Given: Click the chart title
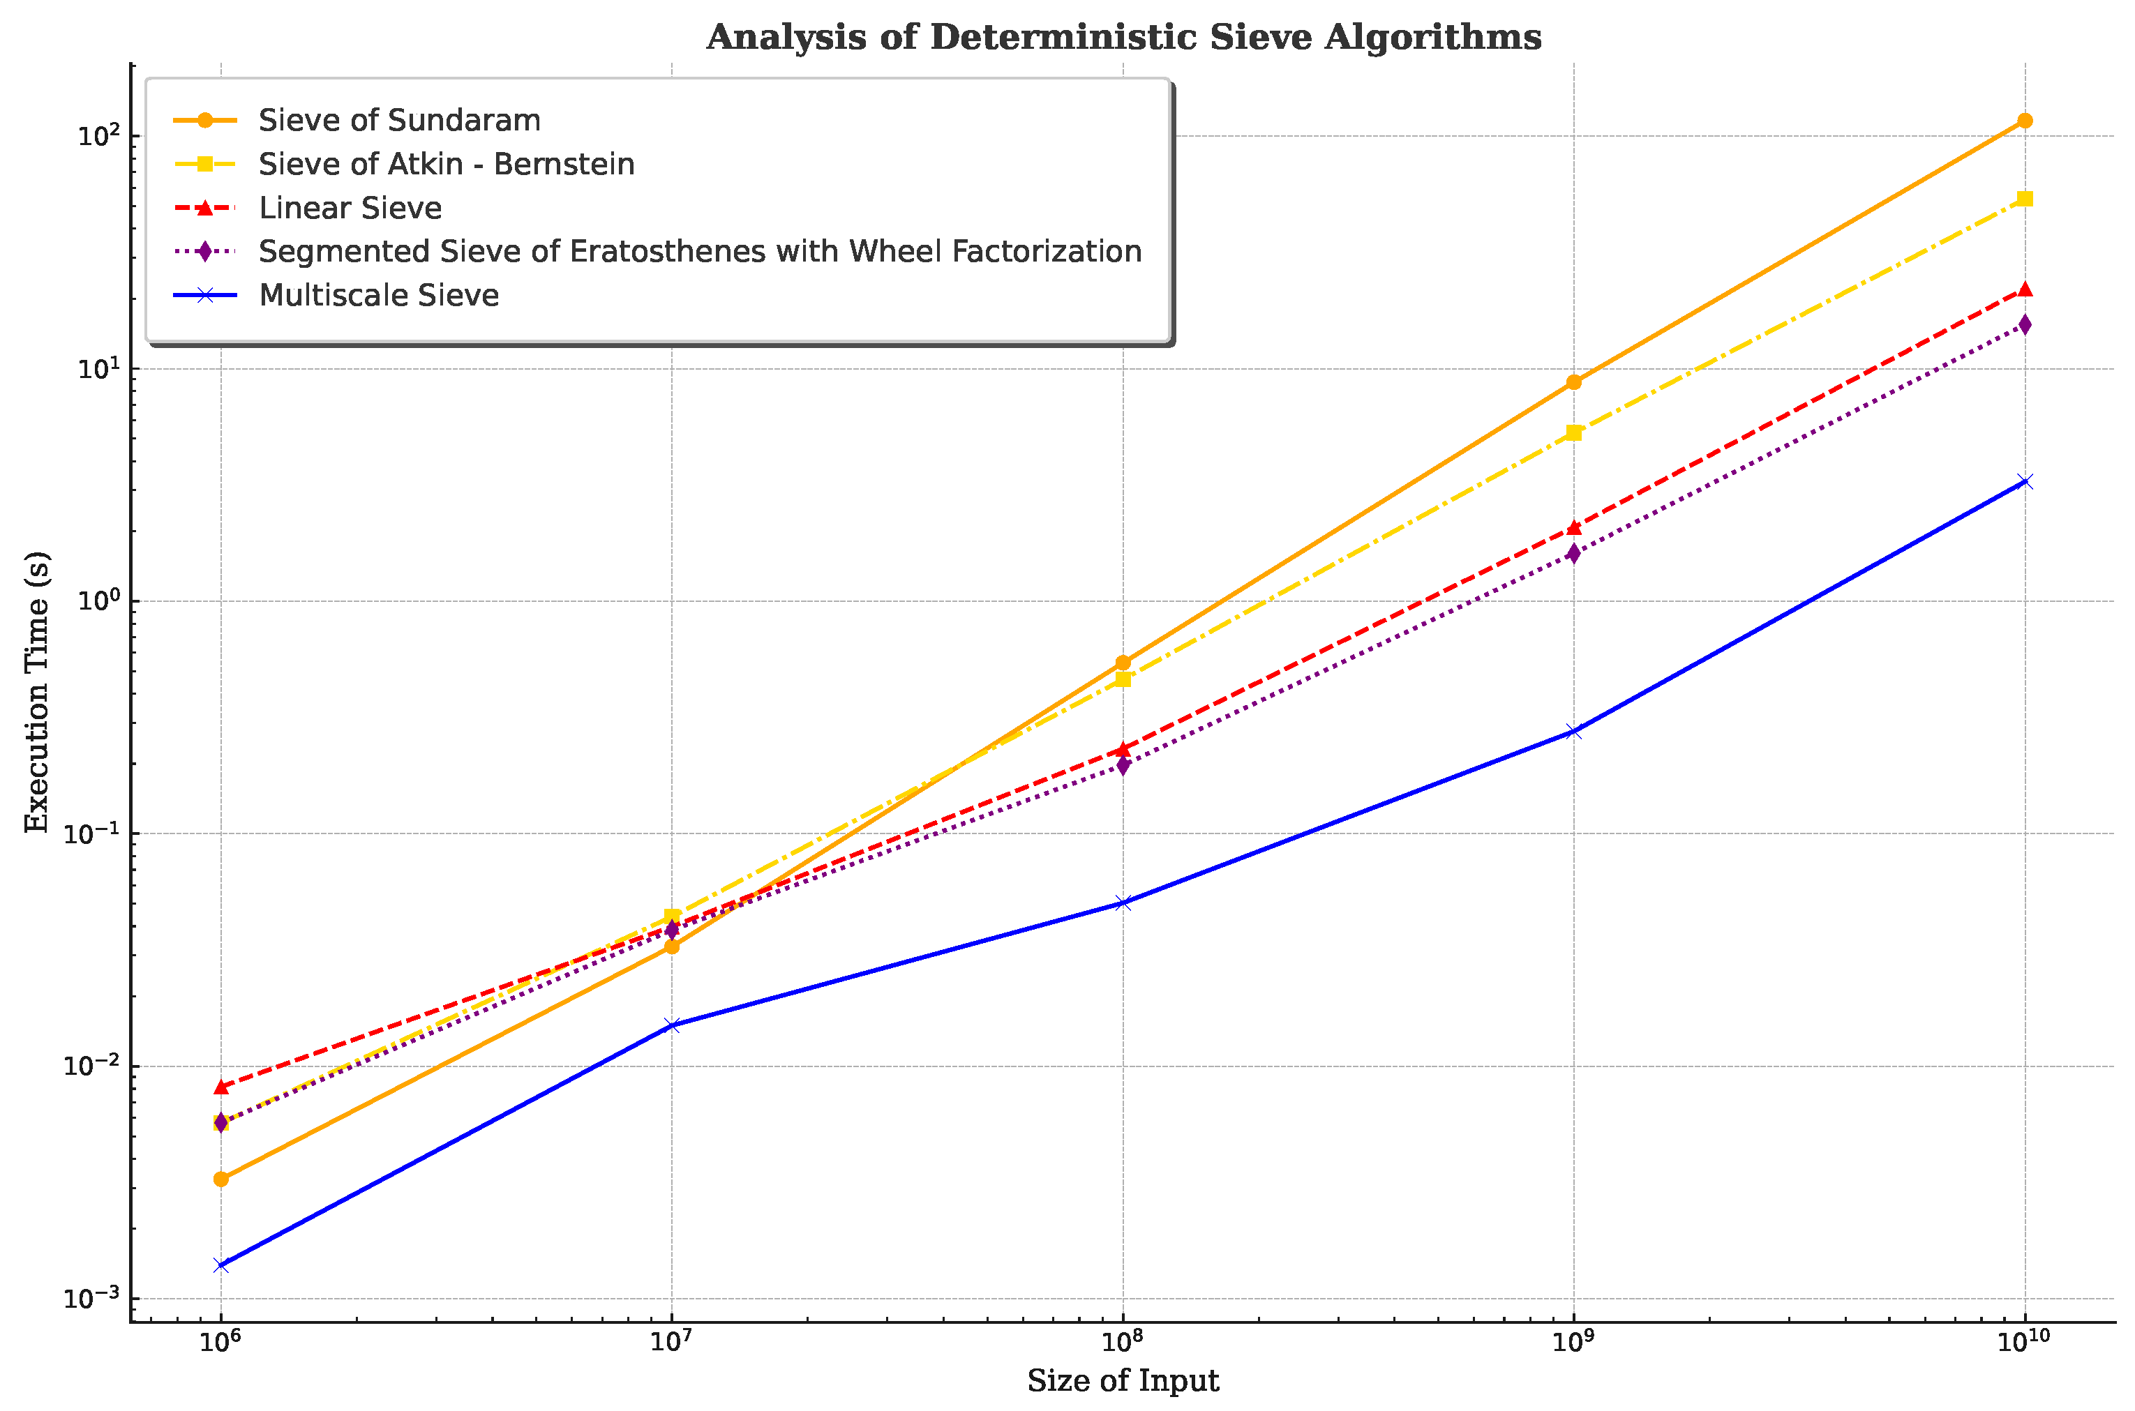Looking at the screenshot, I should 1123,38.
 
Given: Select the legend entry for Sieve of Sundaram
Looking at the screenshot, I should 398,121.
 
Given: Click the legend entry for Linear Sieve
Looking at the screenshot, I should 350,208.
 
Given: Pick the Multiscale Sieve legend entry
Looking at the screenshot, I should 378,295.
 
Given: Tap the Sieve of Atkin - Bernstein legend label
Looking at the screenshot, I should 446,164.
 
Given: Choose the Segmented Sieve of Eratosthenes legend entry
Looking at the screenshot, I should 699,251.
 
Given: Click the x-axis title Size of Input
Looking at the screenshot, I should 1123,1380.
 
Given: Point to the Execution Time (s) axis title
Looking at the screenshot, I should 37,691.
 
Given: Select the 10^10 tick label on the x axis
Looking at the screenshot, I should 2023,1342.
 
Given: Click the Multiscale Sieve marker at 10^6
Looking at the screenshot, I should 220,1265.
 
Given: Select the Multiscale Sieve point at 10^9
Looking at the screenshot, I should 1573,732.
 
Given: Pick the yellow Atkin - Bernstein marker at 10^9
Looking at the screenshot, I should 1573,433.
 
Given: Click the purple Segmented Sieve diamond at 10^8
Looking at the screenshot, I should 1123,765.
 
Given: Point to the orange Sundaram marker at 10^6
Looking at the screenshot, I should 220,1179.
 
